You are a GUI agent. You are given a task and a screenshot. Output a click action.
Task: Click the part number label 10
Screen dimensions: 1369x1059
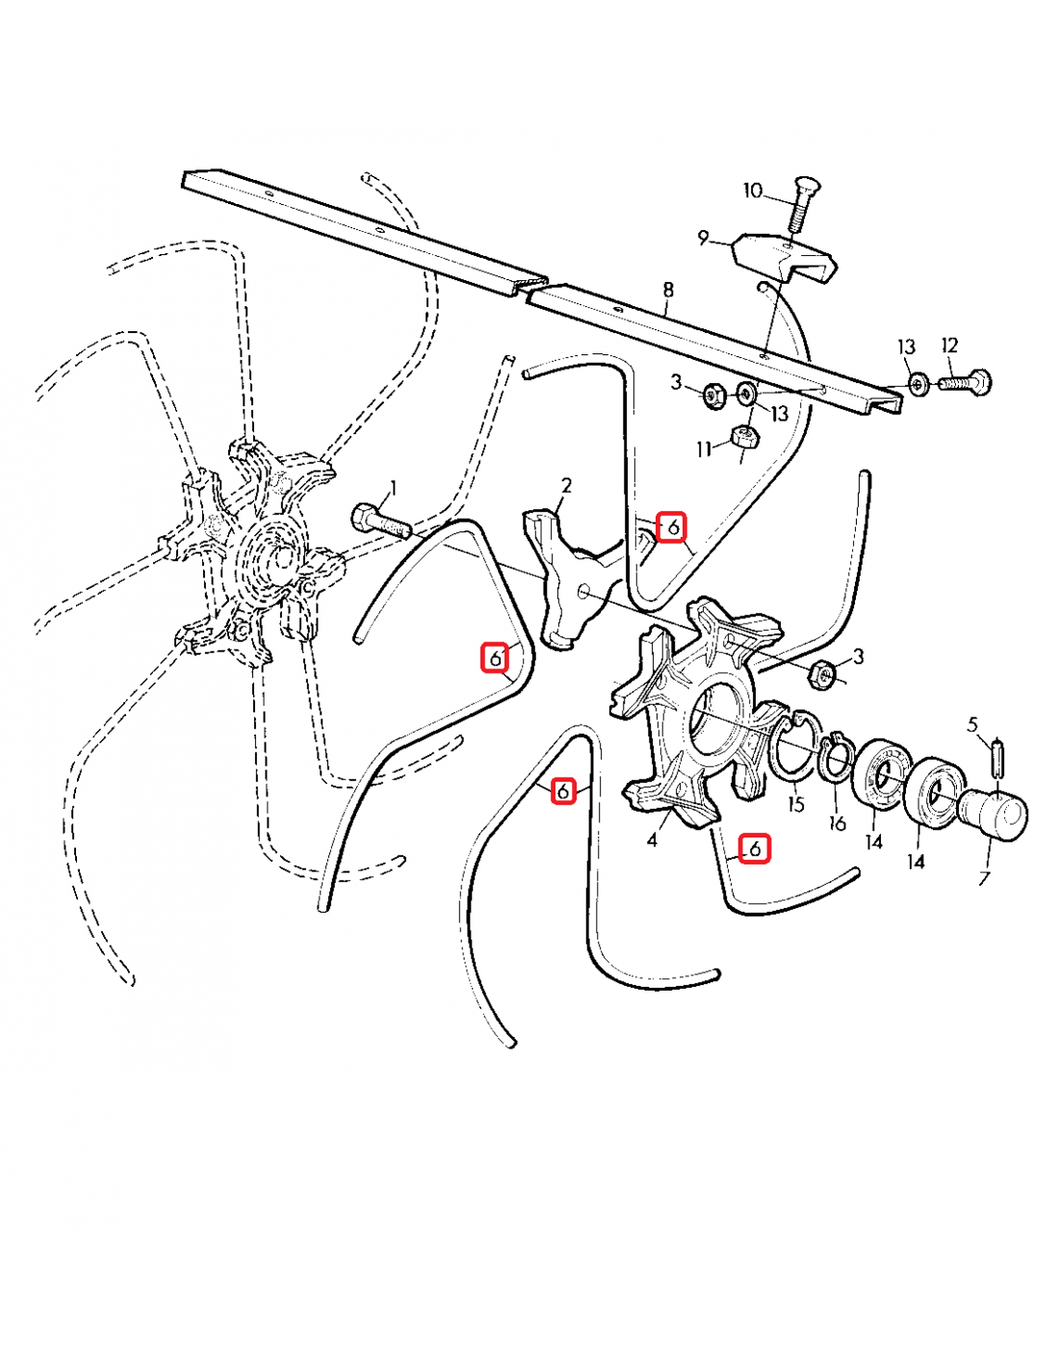pyautogui.click(x=752, y=191)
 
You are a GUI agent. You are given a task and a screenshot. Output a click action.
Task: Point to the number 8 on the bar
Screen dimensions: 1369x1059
pyautogui.click(x=668, y=290)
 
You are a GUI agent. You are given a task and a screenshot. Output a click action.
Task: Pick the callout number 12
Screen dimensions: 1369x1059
pyautogui.click(x=949, y=345)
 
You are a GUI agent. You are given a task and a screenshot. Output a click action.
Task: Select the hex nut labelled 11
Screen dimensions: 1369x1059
pyautogui.click(x=744, y=437)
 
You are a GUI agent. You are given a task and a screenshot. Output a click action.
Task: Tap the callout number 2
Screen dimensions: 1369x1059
pyautogui.click(x=566, y=485)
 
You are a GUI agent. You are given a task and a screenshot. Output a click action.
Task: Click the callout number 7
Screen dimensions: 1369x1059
pyautogui.click(x=984, y=878)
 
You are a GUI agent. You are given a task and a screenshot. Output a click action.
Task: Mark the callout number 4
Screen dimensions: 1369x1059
pyautogui.click(x=652, y=840)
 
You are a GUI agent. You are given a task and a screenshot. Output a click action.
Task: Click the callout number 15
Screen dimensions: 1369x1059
pyautogui.click(x=795, y=804)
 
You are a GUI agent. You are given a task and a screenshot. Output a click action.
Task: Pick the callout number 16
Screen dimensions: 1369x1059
pyautogui.click(x=838, y=823)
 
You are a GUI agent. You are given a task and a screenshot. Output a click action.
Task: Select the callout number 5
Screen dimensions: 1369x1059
pyautogui.click(x=972, y=725)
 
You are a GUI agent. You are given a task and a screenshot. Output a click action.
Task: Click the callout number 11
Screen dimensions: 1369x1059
pyautogui.click(x=705, y=449)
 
